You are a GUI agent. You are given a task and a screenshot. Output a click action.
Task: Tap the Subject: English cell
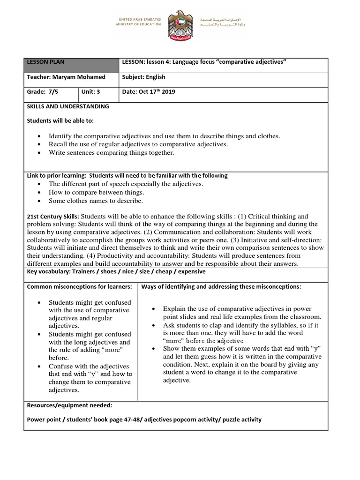143,77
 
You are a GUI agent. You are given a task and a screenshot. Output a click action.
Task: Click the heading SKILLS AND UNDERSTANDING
67,106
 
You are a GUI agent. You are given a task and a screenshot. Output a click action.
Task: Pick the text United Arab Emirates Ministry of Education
138,22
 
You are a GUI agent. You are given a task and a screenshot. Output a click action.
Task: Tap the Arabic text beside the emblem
222,22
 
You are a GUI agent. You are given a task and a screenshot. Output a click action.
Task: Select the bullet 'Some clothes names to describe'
96,201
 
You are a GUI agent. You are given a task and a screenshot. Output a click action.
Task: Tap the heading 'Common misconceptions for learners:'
79,286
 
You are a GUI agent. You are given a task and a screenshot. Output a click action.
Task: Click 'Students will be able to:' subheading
60,120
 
